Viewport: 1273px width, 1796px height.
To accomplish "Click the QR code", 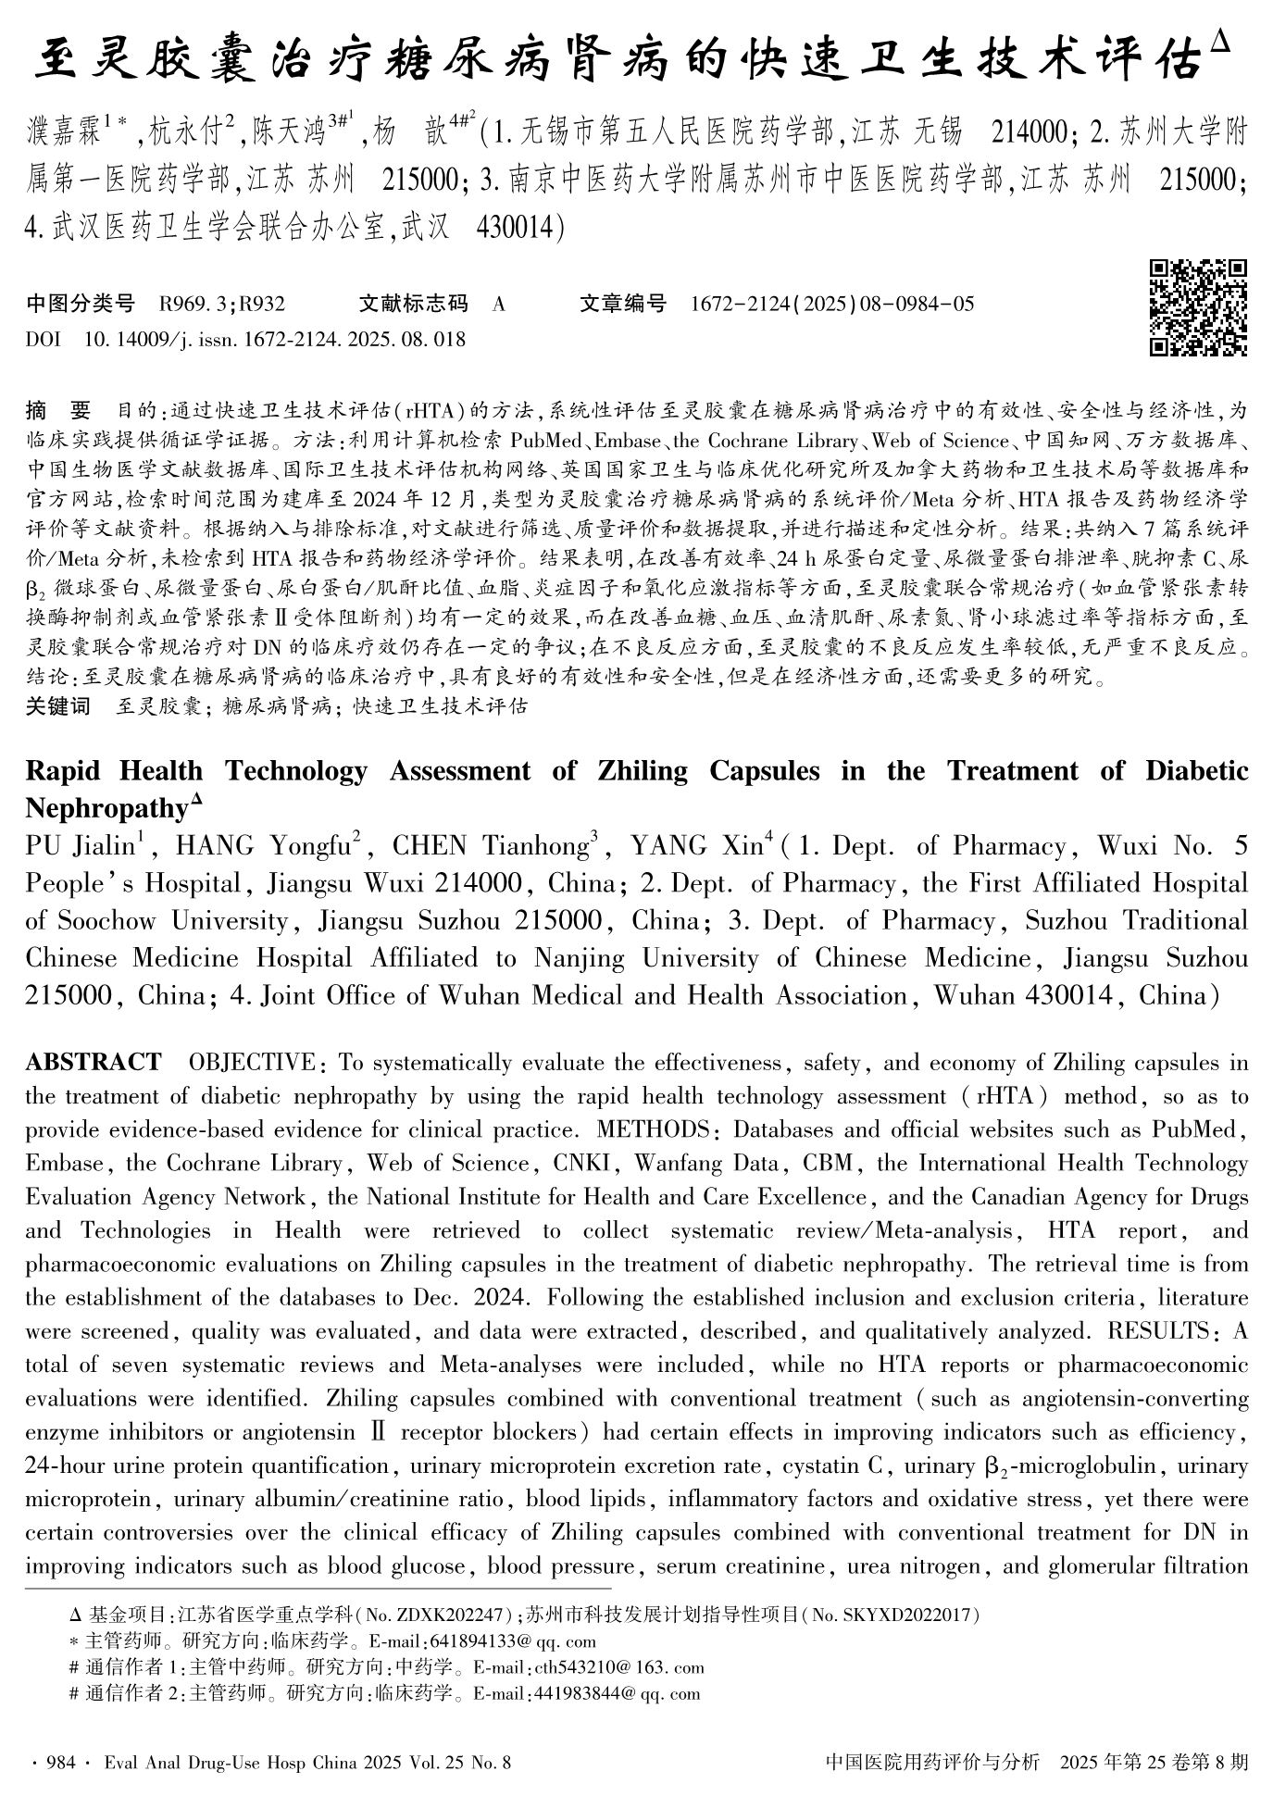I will tap(1198, 308).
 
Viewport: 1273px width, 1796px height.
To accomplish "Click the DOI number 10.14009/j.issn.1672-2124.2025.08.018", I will tap(275, 340).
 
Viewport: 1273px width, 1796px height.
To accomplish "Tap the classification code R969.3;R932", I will tap(222, 304).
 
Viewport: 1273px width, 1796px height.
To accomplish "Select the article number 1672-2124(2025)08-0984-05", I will tap(832, 304).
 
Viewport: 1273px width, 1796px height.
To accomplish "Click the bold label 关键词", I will tap(57, 707).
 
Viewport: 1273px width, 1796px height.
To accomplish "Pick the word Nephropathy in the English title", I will tap(106, 808).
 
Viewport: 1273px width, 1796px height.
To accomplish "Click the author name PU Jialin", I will tap(81, 846).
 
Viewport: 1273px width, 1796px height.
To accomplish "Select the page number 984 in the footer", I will tap(60, 1763).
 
